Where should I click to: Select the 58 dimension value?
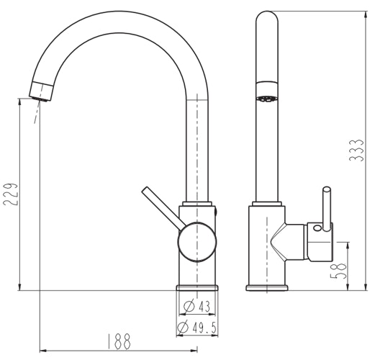click(344, 269)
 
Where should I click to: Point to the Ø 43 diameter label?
click(196, 307)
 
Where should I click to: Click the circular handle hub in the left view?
click(196, 240)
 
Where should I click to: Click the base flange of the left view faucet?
click(196, 287)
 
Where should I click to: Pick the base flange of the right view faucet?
click(267, 288)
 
